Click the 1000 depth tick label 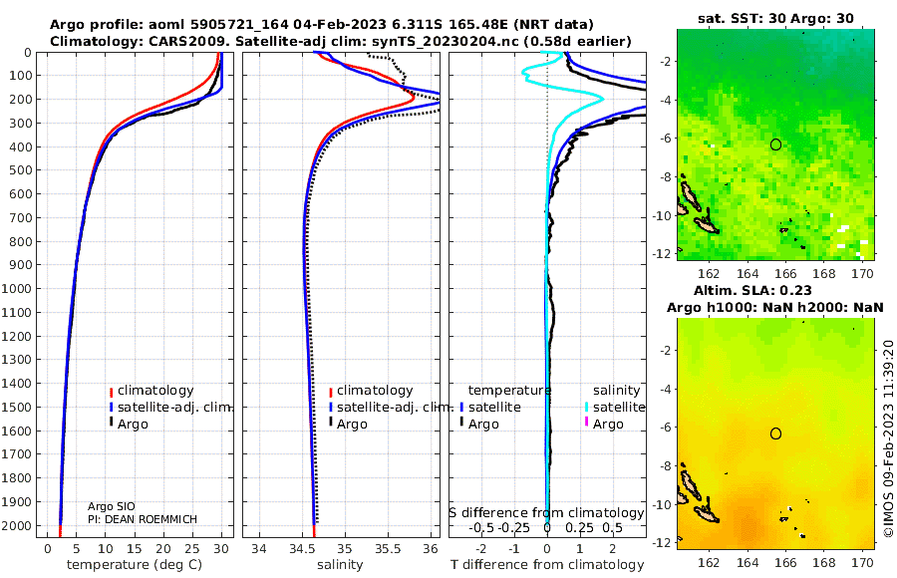click(x=16, y=288)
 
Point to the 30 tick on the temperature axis click(x=221, y=549)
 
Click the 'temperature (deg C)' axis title click(x=135, y=565)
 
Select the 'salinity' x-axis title click(x=340, y=565)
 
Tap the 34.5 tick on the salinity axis click(x=301, y=549)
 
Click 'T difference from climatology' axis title click(x=547, y=565)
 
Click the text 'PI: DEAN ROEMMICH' click(x=143, y=519)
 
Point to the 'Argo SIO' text click(x=112, y=506)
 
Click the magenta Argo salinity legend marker click(x=586, y=423)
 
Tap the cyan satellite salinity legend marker click(x=586, y=407)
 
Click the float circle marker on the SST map click(x=775, y=144)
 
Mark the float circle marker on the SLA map click(x=775, y=433)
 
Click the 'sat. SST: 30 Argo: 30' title click(x=775, y=18)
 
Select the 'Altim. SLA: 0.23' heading click(x=752, y=290)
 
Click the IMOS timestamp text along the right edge click(x=888, y=438)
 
